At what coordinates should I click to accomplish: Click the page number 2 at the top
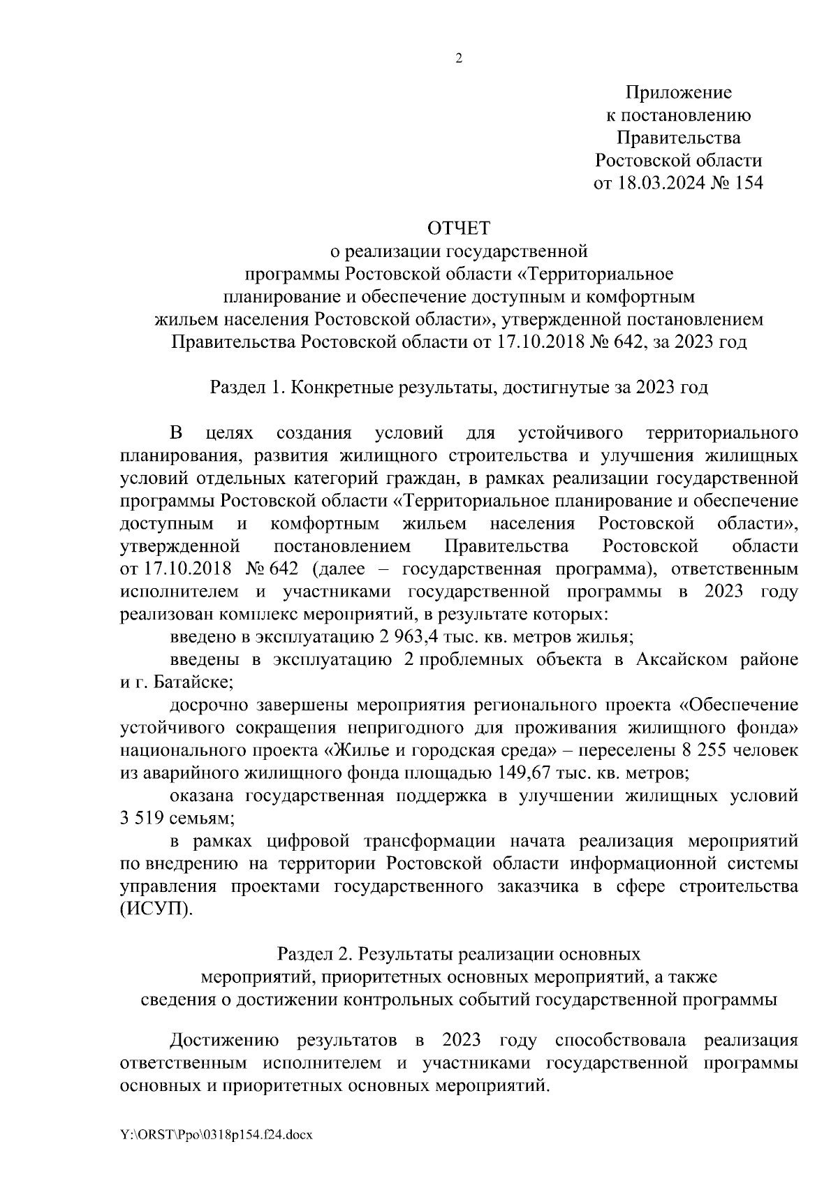pyautogui.click(x=459, y=59)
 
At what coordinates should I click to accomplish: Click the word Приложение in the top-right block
pyautogui.click(x=678, y=92)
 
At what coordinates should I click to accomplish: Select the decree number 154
pyautogui.click(x=748, y=184)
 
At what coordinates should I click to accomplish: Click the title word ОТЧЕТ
pyautogui.click(x=459, y=228)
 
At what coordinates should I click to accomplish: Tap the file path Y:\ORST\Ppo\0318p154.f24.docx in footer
pyautogui.click(x=216, y=1134)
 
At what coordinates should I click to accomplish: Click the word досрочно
pyautogui.click(x=203, y=705)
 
